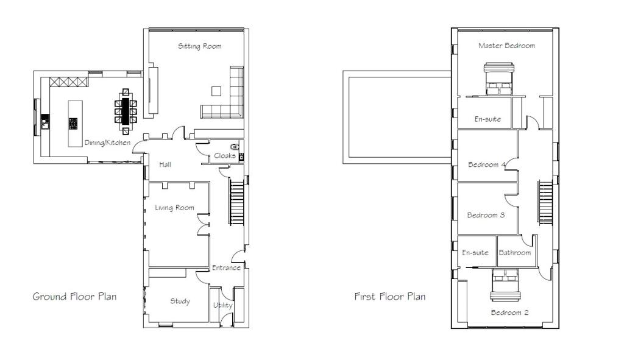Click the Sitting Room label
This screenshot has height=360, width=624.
(x=199, y=46)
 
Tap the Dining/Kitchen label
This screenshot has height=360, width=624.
(x=107, y=143)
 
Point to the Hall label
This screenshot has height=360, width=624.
(x=165, y=164)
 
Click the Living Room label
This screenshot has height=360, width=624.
(x=174, y=208)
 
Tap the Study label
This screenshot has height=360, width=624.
(x=180, y=301)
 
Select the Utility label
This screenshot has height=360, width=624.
(x=222, y=305)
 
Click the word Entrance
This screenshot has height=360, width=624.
(x=226, y=267)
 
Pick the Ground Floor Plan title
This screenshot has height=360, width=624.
(x=74, y=297)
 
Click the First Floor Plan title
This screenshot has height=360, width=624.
(x=389, y=297)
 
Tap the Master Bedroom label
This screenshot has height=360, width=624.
(x=506, y=46)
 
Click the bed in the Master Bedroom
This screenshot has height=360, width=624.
(x=498, y=79)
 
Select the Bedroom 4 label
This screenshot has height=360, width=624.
(x=487, y=164)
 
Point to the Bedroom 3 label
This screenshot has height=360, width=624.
(x=486, y=215)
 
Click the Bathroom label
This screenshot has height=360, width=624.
(x=514, y=253)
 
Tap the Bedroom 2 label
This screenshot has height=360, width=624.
(x=510, y=312)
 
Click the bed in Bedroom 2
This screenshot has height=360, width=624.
(x=505, y=285)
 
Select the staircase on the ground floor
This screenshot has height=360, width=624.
(x=236, y=202)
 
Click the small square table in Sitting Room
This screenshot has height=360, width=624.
(x=216, y=91)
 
